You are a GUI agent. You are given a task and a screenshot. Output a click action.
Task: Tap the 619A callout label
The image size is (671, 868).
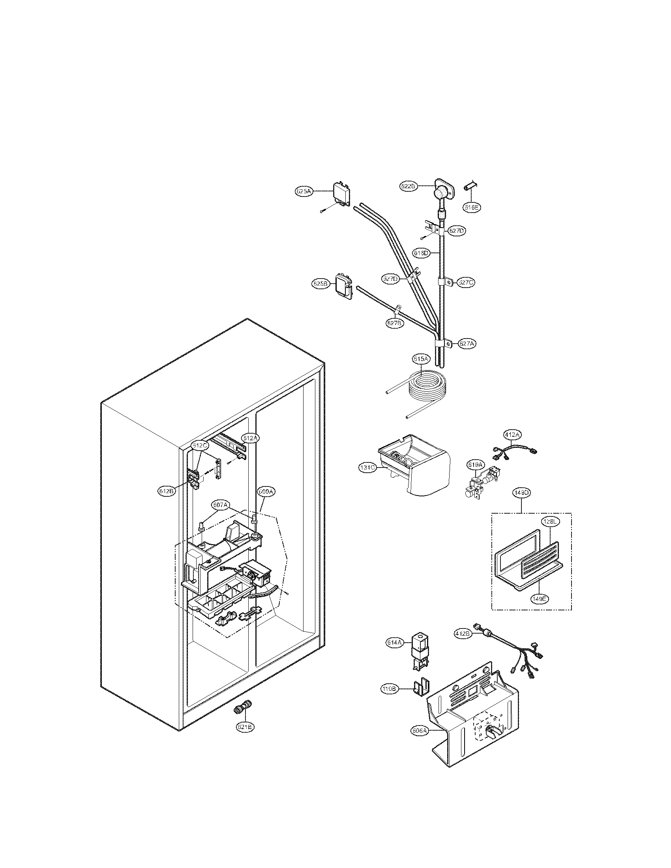(x=476, y=464)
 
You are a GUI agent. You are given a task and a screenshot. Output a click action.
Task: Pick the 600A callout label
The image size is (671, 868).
(x=266, y=492)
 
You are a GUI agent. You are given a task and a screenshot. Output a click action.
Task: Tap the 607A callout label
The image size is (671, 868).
(x=220, y=505)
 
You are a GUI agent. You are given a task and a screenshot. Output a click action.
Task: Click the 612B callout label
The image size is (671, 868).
(x=166, y=491)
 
